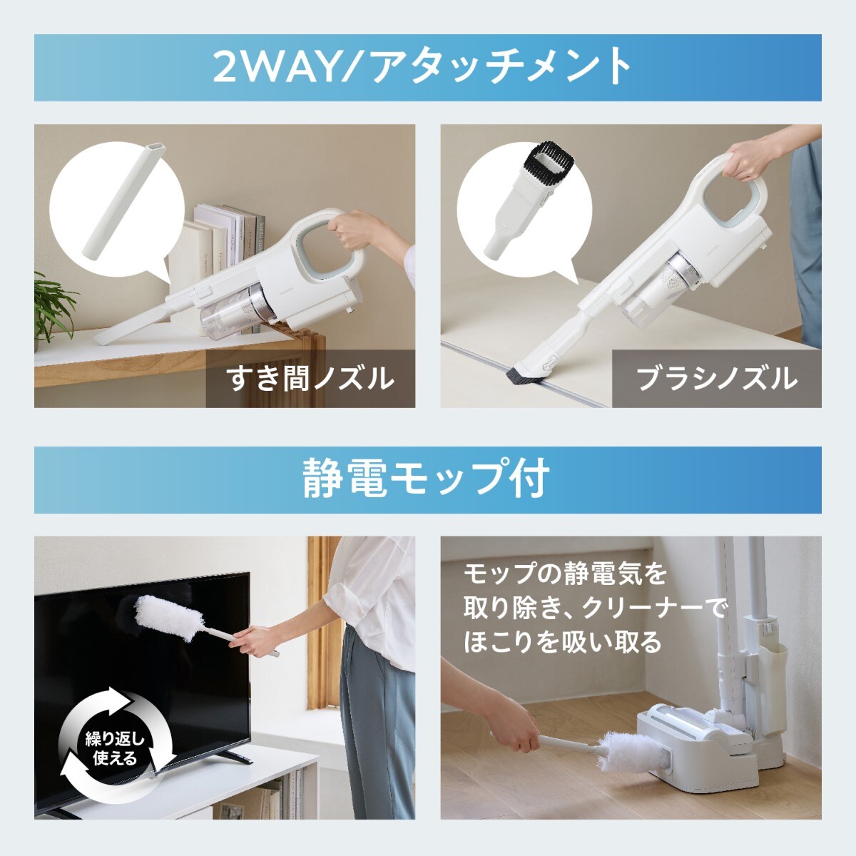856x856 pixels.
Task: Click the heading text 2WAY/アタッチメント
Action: click(x=422, y=67)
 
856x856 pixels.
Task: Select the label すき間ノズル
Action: click(x=310, y=379)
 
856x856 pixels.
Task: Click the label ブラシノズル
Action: click(x=716, y=379)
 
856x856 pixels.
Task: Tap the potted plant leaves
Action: click(x=54, y=307)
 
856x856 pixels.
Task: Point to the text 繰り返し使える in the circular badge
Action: click(x=115, y=750)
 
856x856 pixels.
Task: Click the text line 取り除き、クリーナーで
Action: click(x=595, y=608)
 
